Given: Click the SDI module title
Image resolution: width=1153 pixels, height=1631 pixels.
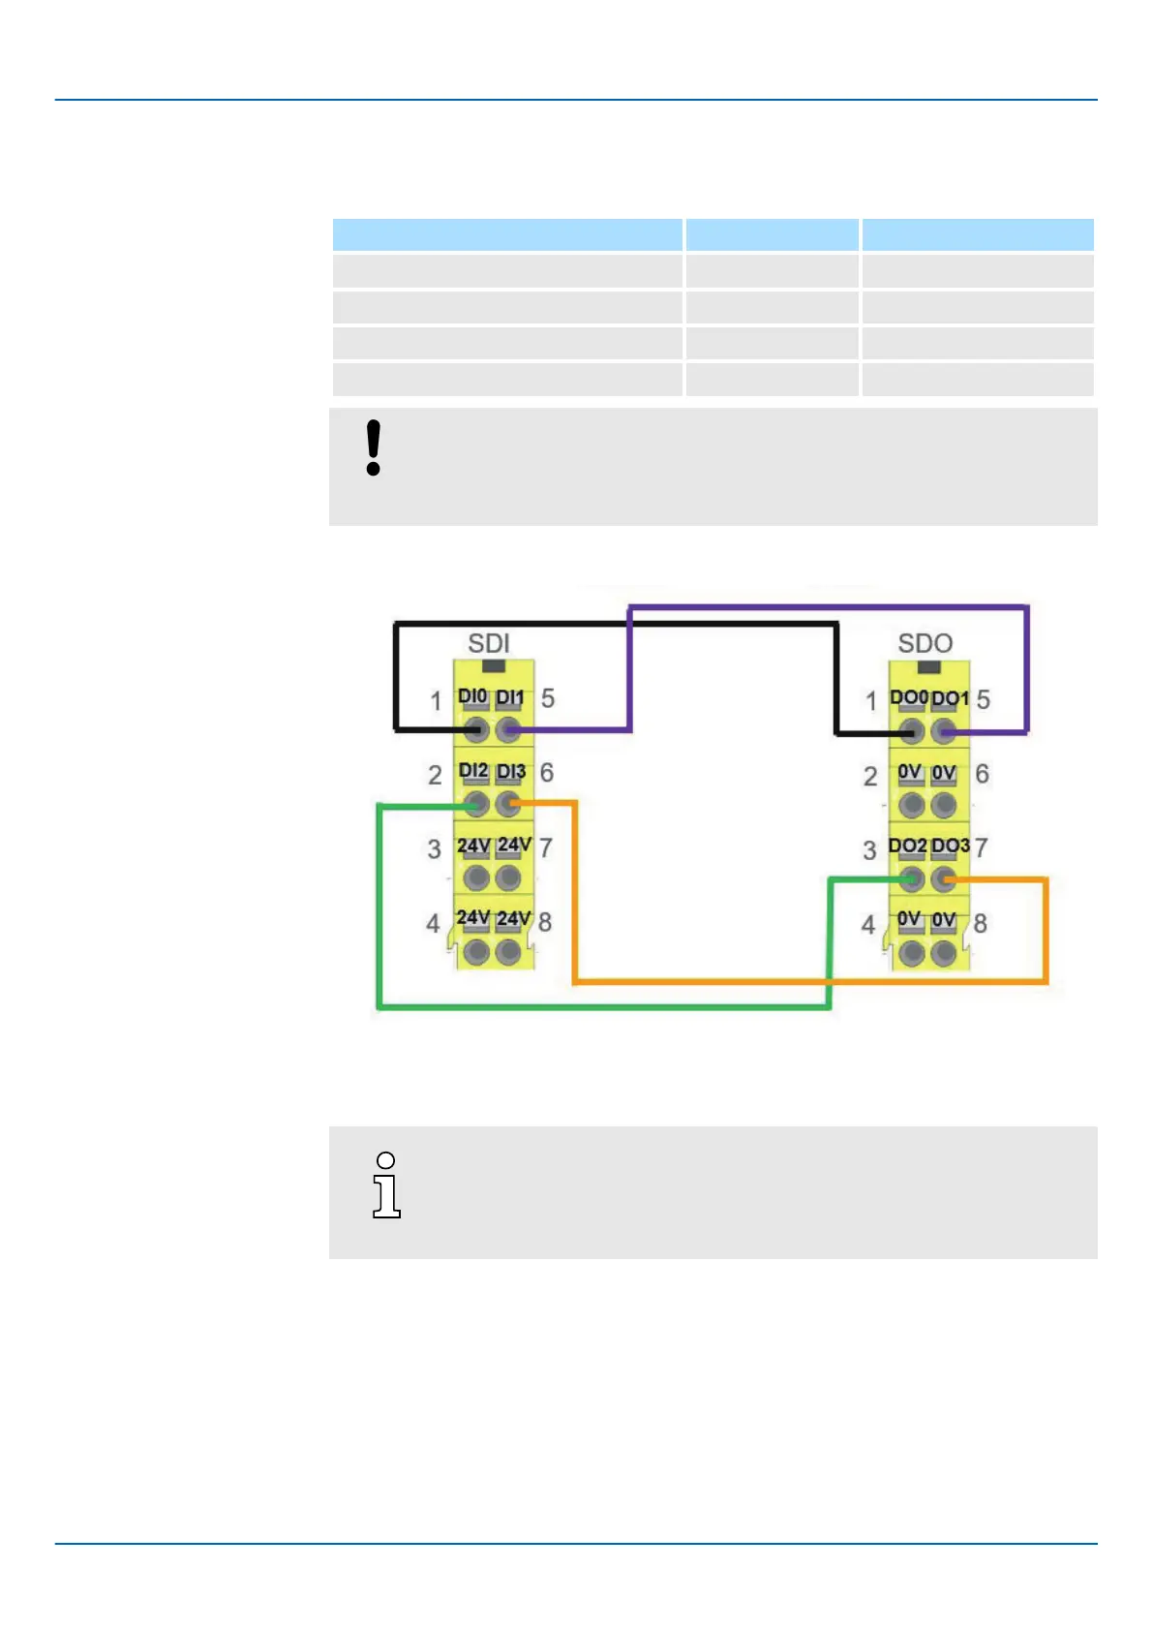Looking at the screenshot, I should point(488,643).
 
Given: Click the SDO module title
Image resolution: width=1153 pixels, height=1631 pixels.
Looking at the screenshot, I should point(925,643).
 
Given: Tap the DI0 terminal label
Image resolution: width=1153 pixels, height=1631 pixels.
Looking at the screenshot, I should point(472,696).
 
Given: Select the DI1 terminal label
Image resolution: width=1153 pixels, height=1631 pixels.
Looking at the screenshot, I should point(510,697).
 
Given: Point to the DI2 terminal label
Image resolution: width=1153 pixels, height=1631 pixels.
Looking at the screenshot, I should point(473,771).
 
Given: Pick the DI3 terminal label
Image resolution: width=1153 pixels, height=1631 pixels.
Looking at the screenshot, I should point(511,772).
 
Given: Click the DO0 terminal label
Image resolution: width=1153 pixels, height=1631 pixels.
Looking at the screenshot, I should point(908,697).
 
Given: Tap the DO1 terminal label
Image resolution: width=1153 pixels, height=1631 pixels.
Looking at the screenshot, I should point(950,698).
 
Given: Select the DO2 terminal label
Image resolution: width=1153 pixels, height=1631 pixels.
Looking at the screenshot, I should point(907,846).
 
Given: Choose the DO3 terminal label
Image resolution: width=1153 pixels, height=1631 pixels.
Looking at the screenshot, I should point(950,846).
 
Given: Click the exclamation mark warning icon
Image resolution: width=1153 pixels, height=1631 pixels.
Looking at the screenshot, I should point(374,447).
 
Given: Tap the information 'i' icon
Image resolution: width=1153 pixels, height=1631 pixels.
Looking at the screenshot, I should point(386,1185).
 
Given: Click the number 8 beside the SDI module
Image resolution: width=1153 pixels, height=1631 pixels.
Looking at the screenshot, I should point(545,922).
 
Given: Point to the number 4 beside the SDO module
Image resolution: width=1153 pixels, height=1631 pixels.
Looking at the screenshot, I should point(868,925).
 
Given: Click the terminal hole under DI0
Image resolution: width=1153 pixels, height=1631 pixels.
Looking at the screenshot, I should point(475,729).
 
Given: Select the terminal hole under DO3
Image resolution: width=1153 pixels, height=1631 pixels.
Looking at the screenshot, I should point(944,878).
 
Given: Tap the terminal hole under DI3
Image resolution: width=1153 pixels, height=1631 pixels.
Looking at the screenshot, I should point(508,804).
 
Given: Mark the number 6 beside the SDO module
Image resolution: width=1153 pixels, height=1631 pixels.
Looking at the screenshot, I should point(982,774).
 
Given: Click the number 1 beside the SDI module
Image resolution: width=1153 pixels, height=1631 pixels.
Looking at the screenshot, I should point(436,699).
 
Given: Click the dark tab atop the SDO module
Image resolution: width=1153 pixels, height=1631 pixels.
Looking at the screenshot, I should point(928,667).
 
